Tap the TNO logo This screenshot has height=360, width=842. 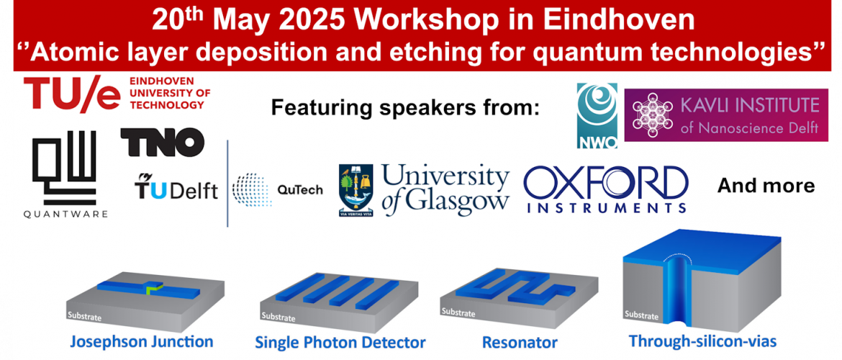162,141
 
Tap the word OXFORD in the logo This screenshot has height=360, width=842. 605,182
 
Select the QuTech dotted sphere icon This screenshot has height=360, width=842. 253,189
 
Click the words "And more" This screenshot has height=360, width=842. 766,186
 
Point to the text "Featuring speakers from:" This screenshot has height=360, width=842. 404,108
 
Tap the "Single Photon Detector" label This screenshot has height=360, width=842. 340,342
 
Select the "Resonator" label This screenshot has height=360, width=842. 520,342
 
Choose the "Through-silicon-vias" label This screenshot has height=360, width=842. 702,341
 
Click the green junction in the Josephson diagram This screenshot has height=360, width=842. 154,289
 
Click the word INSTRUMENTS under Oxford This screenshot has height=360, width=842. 605,207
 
